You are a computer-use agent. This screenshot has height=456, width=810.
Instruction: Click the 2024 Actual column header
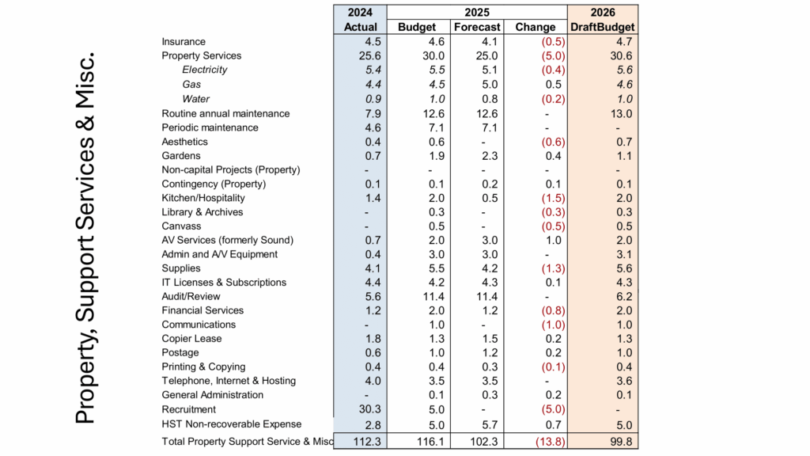360,20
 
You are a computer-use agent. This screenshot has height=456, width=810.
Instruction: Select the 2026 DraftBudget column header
602,20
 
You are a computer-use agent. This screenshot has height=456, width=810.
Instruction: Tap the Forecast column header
477,27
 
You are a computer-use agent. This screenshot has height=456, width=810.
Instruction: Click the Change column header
536,27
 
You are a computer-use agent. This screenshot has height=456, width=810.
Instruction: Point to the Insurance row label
184,41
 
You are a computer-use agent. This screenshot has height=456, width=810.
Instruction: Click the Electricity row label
205,70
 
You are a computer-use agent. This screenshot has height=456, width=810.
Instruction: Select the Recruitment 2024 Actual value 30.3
370,409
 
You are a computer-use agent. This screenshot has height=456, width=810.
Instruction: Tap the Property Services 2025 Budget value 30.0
433,56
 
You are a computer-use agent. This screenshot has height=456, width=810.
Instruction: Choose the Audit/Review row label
191,296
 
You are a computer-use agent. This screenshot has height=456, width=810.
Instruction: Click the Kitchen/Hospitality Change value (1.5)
553,198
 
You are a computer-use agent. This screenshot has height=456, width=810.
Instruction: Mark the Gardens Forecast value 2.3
490,156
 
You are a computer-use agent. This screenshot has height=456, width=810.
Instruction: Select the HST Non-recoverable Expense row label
232,424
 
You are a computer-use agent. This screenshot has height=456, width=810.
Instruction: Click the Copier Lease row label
191,339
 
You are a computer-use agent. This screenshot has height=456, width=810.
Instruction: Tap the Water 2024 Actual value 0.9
373,99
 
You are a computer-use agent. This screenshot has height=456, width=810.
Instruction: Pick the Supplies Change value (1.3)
553,268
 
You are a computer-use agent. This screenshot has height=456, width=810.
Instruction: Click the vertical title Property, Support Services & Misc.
85,237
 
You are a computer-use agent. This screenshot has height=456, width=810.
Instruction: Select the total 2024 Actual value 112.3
367,442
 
